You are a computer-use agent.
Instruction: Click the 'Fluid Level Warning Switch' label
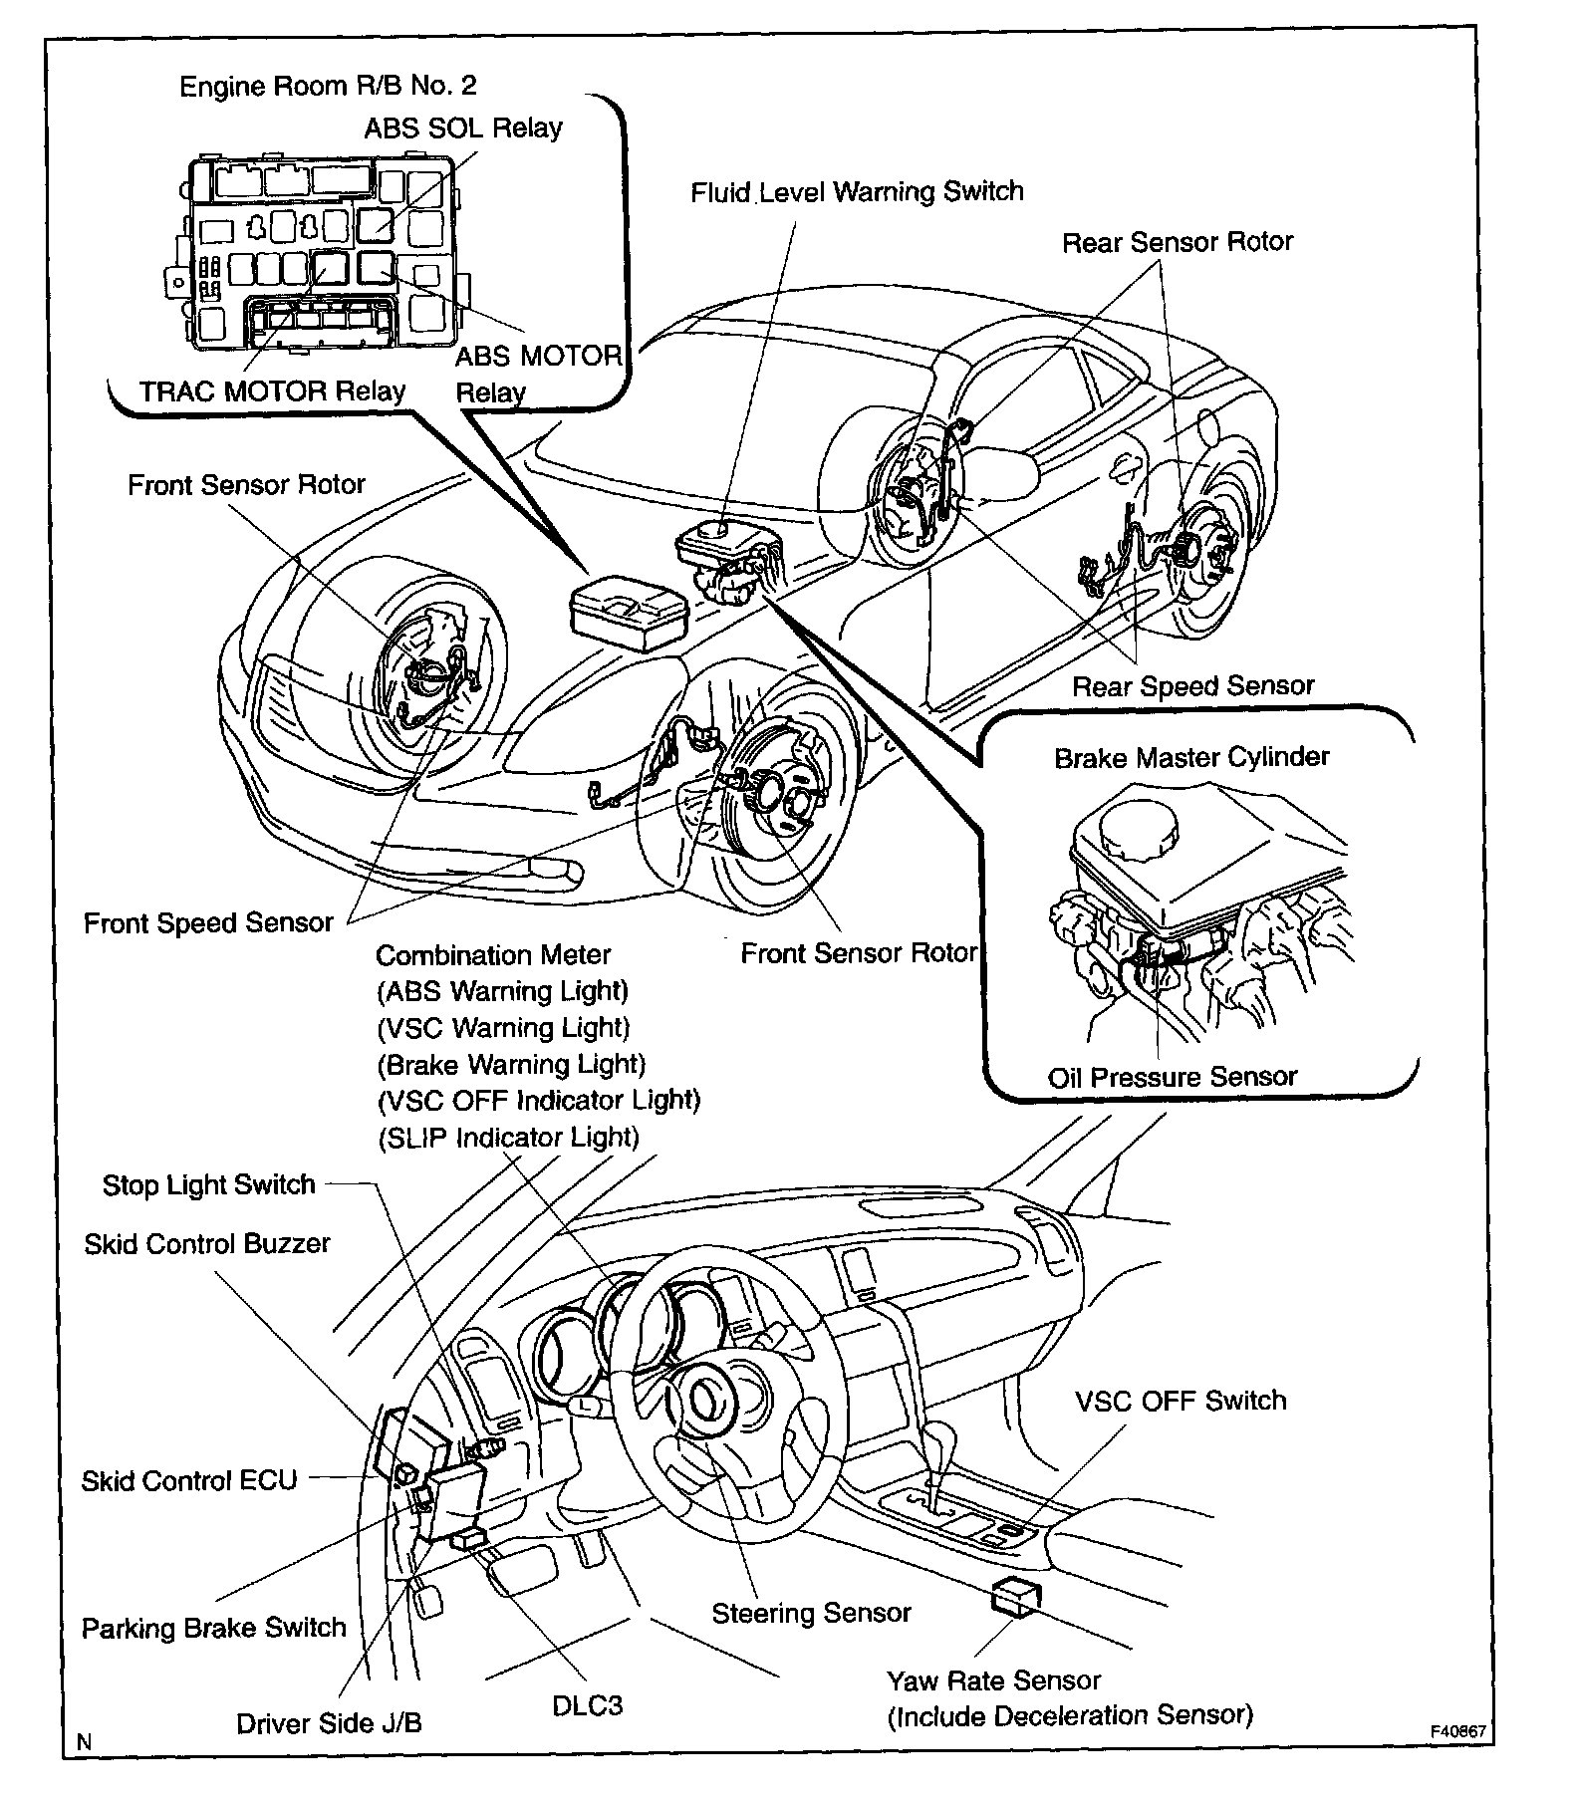(x=857, y=191)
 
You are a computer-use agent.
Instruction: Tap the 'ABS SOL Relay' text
(x=462, y=128)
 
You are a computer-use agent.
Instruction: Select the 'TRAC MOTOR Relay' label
(x=272, y=390)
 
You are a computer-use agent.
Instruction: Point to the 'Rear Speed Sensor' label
(x=1192, y=685)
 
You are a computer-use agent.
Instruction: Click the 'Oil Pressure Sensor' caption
(x=1172, y=1077)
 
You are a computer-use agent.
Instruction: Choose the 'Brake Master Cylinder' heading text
(x=1190, y=757)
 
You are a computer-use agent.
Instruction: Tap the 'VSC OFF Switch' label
(x=1180, y=1400)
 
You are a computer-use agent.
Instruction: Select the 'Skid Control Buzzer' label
(x=206, y=1243)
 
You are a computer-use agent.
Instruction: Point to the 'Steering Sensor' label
(x=811, y=1613)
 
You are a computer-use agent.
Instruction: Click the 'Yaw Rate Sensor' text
(x=993, y=1680)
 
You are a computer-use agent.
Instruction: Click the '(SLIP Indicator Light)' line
(x=508, y=1137)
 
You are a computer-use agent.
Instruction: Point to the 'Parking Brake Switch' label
(x=213, y=1628)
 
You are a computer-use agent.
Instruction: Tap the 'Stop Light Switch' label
(x=208, y=1184)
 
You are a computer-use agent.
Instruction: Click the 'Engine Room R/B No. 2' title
(x=328, y=86)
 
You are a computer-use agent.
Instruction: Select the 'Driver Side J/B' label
(x=329, y=1723)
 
